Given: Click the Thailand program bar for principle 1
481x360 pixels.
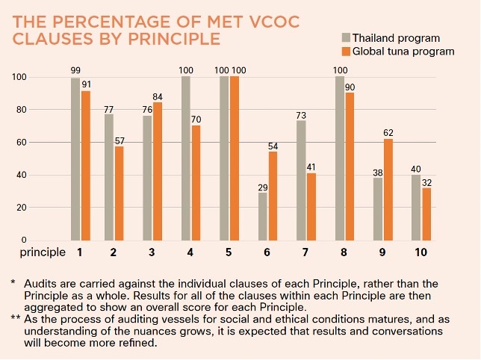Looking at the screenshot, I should tap(75, 158).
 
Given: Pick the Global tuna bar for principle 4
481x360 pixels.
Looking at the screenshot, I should tap(196, 182).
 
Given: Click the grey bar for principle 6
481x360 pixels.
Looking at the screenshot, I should tap(263, 216).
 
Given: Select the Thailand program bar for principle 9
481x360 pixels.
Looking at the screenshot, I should tap(378, 208).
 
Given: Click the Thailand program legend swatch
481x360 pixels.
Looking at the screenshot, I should tap(346, 37).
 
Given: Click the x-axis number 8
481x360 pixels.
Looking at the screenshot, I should tap(344, 252).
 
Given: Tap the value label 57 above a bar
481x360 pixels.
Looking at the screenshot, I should tap(120, 140).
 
